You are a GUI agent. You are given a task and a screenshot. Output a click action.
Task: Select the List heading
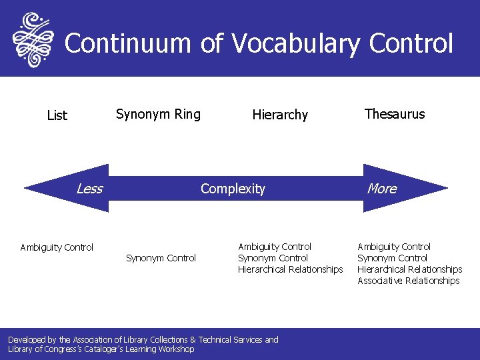pos(57,115)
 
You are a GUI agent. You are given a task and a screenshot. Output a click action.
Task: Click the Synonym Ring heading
pos(158,114)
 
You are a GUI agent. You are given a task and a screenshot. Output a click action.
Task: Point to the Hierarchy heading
pos(280,115)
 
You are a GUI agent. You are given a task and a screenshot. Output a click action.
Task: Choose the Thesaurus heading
pos(395,114)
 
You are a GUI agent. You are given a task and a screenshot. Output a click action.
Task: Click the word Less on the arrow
pos(89,189)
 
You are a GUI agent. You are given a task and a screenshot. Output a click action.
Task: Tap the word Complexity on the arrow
pos(233,189)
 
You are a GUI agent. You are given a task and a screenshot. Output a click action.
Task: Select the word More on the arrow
pos(382,189)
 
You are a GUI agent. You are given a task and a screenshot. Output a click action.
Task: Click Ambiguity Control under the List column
pos(57,247)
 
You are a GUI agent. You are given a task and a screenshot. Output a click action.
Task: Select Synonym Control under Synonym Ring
pos(161,258)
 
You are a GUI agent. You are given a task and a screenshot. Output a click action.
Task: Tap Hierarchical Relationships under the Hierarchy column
pos(290,269)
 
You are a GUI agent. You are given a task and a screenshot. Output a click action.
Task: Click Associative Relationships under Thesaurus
pos(409,281)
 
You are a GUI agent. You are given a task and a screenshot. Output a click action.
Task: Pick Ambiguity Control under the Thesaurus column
pos(394,247)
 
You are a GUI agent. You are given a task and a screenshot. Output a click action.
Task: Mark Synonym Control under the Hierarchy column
pos(273,258)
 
